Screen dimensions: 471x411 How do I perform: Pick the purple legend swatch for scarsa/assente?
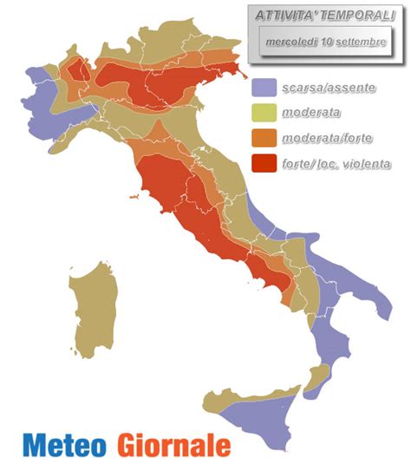[x=264, y=88]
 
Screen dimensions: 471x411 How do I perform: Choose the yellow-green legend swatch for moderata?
[x=264, y=113]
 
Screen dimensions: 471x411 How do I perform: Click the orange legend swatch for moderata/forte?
[x=264, y=138]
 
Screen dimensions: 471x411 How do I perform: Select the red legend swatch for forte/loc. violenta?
[x=264, y=162]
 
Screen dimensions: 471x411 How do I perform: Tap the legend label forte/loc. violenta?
[x=336, y=162]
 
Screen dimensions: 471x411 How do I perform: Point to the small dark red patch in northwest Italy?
[x=77, y=69]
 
